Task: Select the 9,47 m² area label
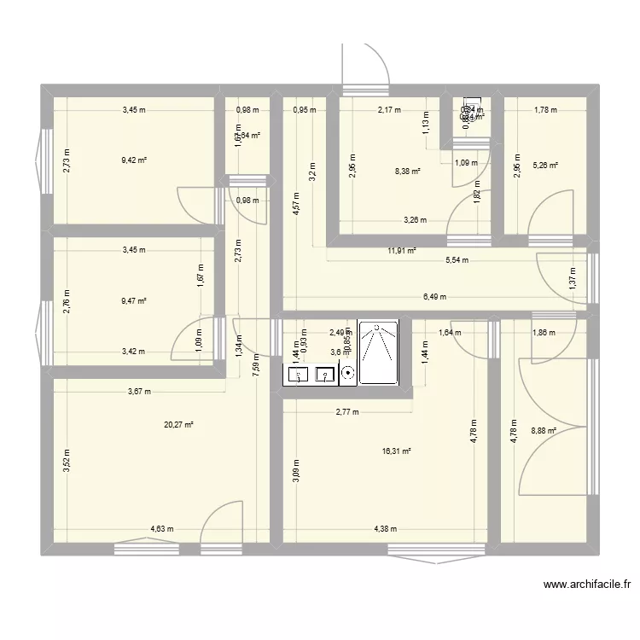[x=134, y=301]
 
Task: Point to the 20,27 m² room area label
[x=181, y=424]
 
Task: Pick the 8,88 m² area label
[x=544, y=431]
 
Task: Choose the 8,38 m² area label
[x=408, y=171]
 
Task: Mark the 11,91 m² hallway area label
[x=401, y=251]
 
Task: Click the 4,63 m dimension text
[x=161, y=529]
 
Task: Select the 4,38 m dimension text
[x=387, y=529]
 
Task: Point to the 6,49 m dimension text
[x=435, y=297]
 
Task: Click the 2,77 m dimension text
[x=347, y=412]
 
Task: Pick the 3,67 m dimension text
[x=138, y=392]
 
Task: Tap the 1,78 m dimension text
[x=545, y=109]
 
